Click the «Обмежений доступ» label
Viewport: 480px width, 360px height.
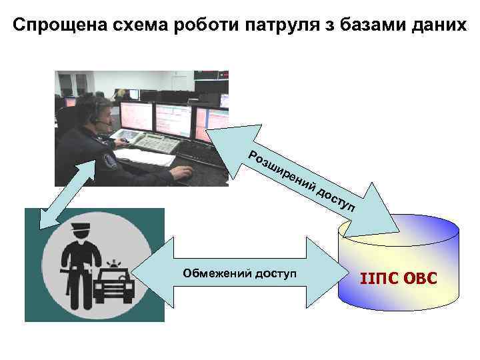[x=239, y=274]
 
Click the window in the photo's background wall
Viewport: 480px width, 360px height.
[x=74, y=83]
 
